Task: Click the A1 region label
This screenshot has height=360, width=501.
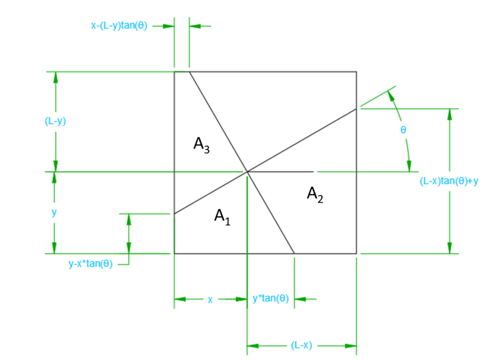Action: click(x=222, y=217)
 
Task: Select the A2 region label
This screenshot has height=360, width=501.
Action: click(x=315, y=195)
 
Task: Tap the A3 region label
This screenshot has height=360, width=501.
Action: click(x=202, y=145)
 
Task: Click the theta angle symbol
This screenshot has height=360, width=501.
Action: click(x=403, y=130)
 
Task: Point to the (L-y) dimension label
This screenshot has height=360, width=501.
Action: click(x=55, y=121)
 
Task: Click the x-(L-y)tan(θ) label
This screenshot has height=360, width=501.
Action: click(x=119, y=26)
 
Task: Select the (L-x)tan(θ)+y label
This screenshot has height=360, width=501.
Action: click(x=449, y=181)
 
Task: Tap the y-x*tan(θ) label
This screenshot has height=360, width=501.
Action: click(x=91, y=264)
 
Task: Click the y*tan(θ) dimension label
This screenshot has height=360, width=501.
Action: click(x=271, y=299)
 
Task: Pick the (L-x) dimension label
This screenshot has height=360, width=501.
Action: click(x=301, y=346)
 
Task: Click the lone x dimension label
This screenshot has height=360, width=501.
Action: click(x=210, y=300)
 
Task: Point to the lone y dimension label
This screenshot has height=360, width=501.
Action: click(x=54, y=213)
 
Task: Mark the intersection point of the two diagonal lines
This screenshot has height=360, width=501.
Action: click(x=247, y=172)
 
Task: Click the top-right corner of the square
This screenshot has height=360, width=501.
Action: click(x=356, y=72)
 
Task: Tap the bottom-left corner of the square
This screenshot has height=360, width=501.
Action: click(x=175, y=254)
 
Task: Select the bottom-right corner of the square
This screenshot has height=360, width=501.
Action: click(x=356, y=254)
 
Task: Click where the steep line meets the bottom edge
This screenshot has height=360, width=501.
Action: click(x=294, y=254)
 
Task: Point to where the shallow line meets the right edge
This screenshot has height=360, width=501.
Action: click(x=356, y=109)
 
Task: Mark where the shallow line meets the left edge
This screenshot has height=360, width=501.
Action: click(x=175, y=213)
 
